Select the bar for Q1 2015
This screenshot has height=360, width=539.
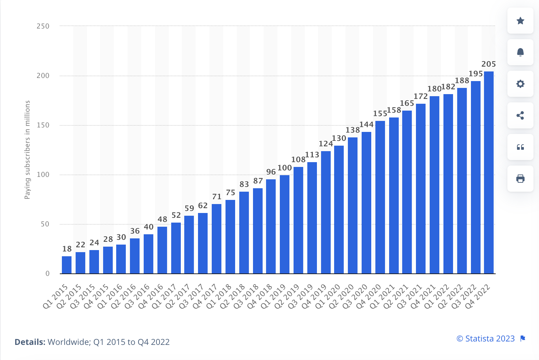67,265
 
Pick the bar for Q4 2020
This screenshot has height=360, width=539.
380,197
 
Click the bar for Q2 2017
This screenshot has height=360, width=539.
189,245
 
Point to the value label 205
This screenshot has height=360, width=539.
488,64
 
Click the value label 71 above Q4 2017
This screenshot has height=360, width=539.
217,197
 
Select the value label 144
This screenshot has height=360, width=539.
366,125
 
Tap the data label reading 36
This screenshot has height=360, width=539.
135,231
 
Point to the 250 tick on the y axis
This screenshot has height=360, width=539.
43,26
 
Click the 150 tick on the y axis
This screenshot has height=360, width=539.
43,125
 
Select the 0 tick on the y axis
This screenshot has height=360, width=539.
47,274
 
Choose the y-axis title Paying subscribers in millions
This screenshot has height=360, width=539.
27,150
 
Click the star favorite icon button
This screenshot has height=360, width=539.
520,21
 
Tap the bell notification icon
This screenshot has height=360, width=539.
520,52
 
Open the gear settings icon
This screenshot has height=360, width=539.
520,84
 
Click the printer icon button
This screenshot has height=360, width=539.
520,179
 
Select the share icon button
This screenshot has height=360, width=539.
520,115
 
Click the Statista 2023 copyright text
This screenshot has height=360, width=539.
485,339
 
